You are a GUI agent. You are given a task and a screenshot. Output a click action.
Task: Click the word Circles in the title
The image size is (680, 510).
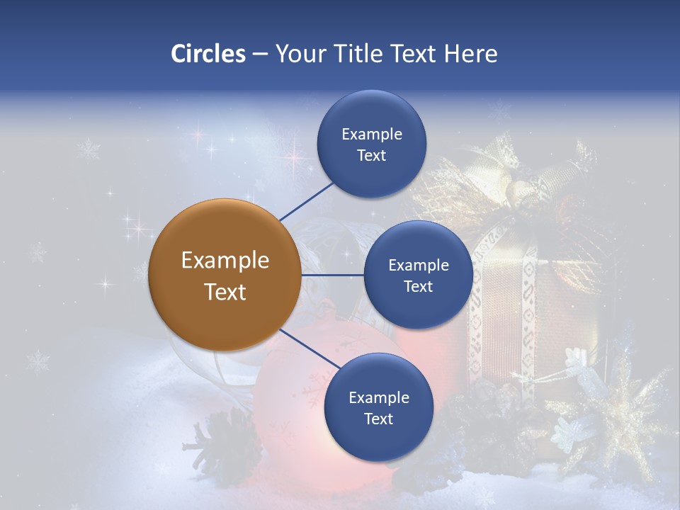[208, 54]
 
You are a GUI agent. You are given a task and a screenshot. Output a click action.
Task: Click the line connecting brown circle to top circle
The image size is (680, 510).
[307, 201]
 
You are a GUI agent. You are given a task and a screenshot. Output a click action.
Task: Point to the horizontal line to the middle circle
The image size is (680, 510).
[332, 275]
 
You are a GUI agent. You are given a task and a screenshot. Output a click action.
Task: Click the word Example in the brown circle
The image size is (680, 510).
[225, 261]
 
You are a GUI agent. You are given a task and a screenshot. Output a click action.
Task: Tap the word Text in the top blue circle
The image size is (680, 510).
[371, 156]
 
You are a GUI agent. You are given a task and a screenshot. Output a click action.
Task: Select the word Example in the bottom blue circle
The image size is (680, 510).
[378, 397]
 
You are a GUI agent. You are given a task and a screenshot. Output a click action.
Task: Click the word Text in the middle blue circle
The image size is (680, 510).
[418, 286]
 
